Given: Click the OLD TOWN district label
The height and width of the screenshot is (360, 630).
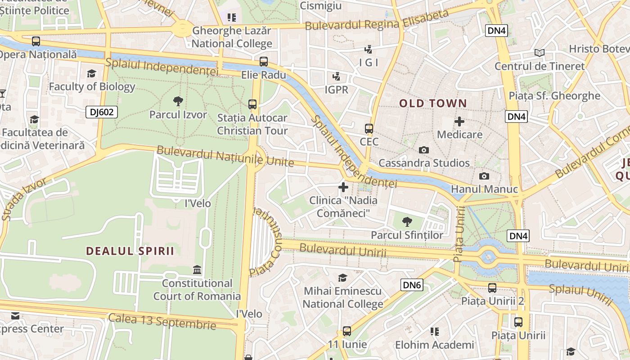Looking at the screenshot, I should pos(433,103).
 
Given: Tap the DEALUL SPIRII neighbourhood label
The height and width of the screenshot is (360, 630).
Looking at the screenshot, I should pos(130,251).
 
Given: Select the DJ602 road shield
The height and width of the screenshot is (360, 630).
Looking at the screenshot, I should pos(102,112).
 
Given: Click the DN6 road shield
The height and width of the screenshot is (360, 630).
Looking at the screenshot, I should pos(412,285).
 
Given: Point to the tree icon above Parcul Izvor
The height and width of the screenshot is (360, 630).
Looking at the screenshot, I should pos(178,101).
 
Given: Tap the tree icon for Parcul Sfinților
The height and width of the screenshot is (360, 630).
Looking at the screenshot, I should pos(407,221).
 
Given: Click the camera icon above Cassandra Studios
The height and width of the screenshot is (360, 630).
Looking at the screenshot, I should pos(423,150).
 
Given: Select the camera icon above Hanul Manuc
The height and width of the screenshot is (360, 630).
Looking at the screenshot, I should pos(484,176).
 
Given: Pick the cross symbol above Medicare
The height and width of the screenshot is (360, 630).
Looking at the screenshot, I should pos(459,121).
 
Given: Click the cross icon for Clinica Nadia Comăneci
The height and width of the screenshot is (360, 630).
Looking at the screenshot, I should pos(343,187).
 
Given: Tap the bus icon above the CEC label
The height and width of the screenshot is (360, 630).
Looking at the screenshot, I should pos(369,129).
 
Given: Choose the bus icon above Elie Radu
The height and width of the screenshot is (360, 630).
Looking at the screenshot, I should pos(264,62).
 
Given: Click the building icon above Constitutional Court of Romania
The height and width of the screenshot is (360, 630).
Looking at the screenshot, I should pos(197,270).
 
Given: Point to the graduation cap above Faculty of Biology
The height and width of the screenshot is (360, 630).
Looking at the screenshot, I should pos(92,73).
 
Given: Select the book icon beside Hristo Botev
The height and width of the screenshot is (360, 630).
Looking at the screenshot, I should pos(540,53).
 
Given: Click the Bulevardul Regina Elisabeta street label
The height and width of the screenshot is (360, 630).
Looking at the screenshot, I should pos(377,20).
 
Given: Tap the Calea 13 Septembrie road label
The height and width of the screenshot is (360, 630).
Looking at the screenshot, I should pos(162,321).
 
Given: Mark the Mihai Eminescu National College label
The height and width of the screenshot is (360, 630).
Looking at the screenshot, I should pos(342,297).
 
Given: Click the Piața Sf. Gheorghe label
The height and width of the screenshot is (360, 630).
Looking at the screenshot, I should pos(554,96).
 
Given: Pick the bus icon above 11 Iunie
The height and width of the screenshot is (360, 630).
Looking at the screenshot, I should pos(347,331).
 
